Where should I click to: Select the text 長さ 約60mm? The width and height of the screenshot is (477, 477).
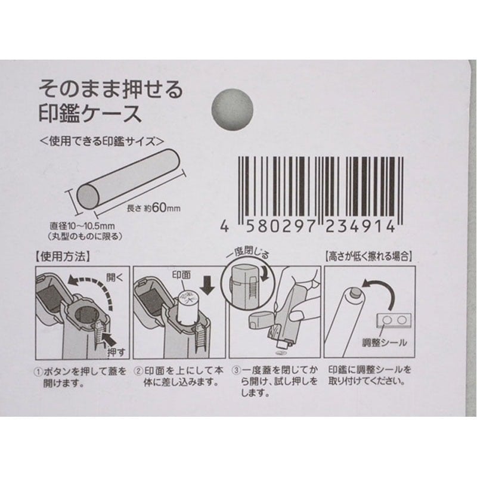[154, 209]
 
